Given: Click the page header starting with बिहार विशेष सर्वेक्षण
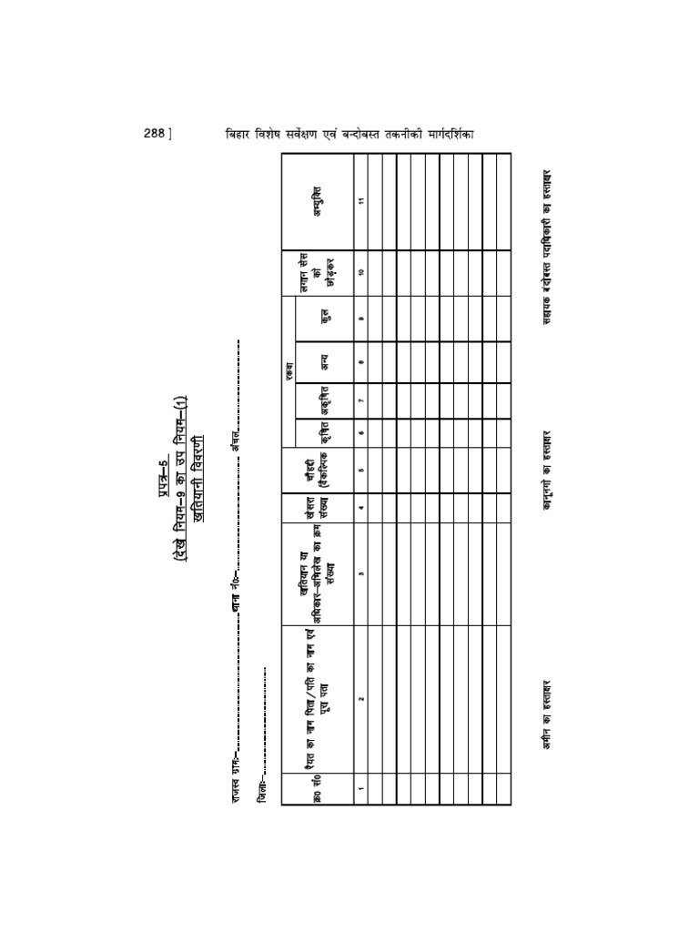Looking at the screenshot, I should pyautogui.click(x=351, y=134).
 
